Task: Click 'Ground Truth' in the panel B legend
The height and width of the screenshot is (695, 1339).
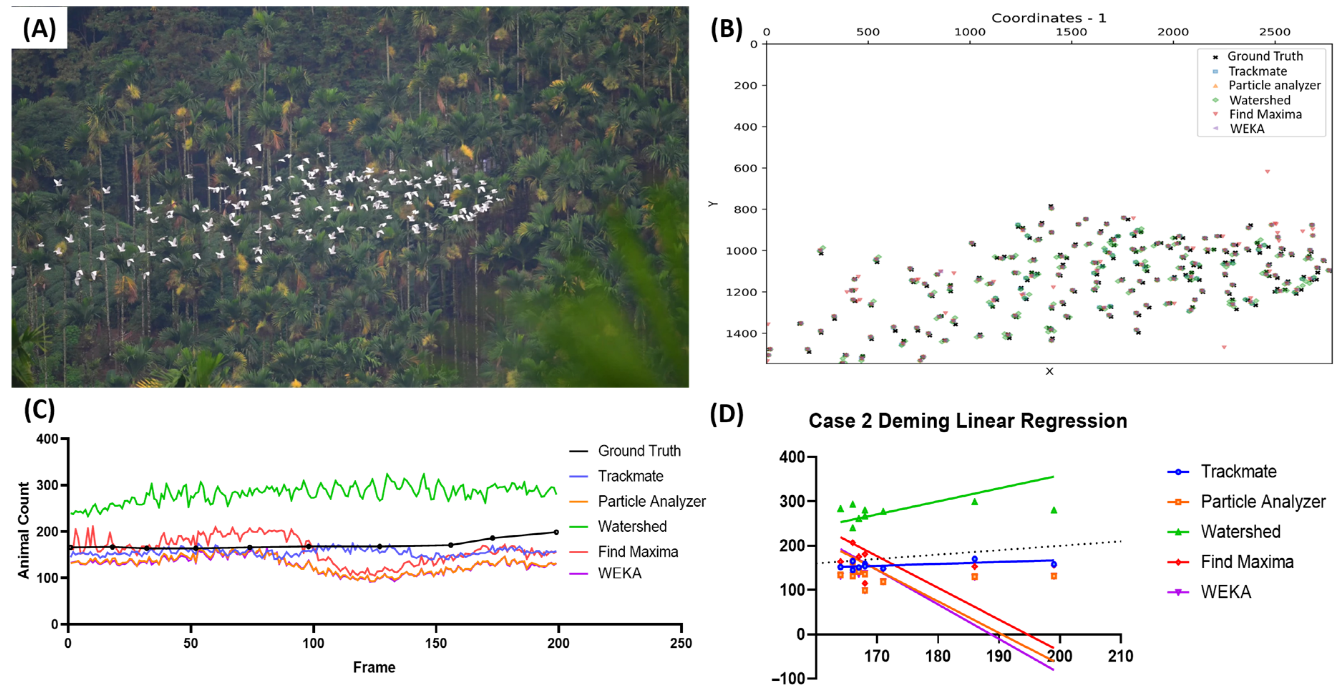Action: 1265,56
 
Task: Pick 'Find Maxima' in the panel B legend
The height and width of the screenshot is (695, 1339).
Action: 1265,115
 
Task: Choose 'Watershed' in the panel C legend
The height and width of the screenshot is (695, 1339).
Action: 632,526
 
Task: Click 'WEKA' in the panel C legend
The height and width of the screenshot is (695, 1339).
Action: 620,573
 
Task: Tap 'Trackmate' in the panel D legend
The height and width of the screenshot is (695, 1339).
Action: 1238,471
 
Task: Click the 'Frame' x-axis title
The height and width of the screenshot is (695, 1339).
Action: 374,667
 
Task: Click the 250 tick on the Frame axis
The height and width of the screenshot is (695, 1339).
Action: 681,643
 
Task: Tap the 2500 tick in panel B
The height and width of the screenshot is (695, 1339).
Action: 1275,32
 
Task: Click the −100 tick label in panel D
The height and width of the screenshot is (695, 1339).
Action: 789,679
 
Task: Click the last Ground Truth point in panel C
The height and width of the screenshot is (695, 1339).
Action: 556,532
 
